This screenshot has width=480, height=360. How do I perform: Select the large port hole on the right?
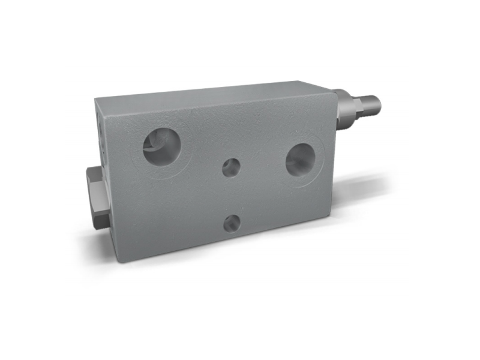[300, 160]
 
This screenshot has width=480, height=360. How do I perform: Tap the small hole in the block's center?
[232, 167]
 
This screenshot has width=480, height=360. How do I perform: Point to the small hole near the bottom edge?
[232, 224]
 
